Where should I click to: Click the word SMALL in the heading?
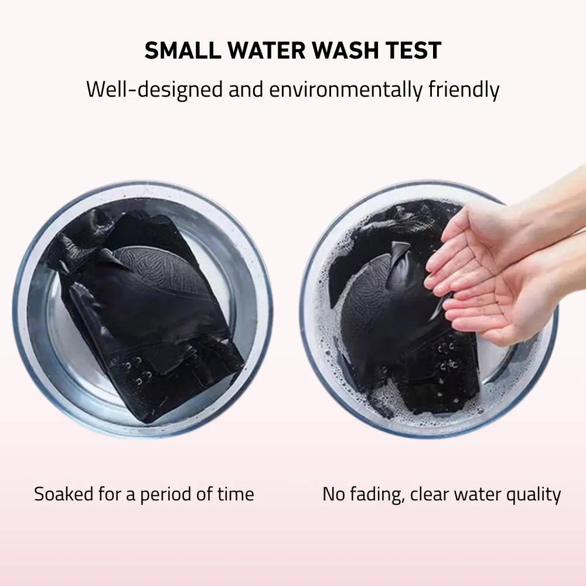coord(183,50)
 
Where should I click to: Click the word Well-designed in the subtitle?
coord(155,90)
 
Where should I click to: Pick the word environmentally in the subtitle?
coord(346,90)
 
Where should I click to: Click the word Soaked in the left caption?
coord(63,494)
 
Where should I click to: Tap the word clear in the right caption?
coord(430,494)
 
